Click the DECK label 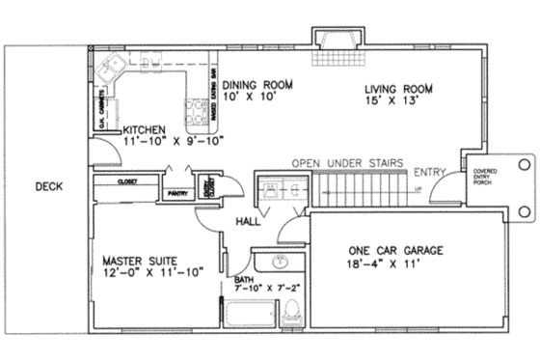[44, 187]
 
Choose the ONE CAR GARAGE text [395, 251]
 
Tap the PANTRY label [176, 193]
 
